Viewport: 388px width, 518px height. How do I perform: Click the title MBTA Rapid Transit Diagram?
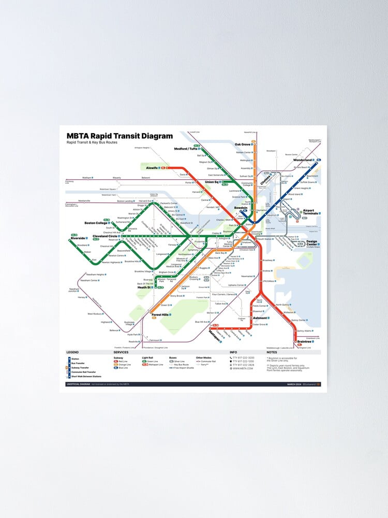(x=120, y=136)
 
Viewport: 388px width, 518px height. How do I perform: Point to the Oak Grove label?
(x=243, y=145)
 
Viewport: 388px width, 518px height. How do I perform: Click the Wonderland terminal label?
(x=303, y=160)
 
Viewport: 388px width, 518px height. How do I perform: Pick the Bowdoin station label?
(x=241, y=208)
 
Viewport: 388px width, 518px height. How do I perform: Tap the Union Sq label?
(x=212, y=182)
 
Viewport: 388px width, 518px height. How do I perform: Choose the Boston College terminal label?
(x=96, y=223)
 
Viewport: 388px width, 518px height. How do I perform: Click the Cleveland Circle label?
(x=106, y=237)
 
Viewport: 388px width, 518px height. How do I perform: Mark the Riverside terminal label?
(x=79, y=238)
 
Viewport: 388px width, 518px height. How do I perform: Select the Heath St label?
(x=144, y=287)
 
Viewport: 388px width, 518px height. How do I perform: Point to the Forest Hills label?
(x=160, y=314)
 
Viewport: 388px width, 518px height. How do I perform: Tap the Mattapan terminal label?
(x=214, y=335)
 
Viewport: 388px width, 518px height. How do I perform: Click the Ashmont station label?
(x=260, y=318)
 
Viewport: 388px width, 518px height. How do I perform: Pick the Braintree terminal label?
(x=304, y=342)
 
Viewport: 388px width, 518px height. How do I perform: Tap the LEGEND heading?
(x=72, y=353)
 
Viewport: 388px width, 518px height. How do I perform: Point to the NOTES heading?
(x=272, y=353)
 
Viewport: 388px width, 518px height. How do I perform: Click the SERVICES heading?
(x=121, y=353)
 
